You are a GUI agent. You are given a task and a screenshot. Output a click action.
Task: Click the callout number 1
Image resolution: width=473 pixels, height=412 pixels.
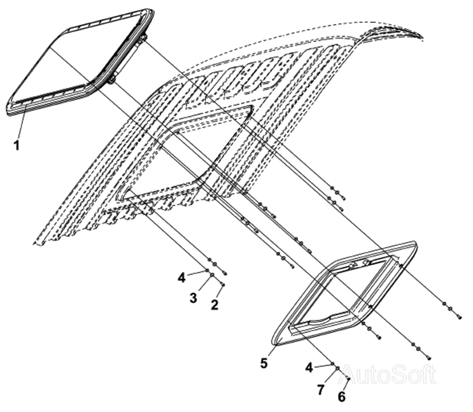(17, 145)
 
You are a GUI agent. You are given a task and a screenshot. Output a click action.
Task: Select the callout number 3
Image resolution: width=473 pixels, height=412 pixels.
(194, 298)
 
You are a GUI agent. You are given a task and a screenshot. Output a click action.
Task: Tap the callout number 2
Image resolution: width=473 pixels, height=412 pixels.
(215, 305)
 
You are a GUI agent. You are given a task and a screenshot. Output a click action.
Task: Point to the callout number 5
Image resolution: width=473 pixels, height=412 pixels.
(264, 363)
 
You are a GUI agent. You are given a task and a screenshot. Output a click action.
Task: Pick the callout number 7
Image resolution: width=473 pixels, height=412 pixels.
(321, 390)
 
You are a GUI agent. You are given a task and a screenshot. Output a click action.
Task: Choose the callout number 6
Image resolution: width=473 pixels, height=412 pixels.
(341, 397)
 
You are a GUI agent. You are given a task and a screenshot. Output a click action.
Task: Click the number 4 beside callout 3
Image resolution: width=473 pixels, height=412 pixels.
(181, 278)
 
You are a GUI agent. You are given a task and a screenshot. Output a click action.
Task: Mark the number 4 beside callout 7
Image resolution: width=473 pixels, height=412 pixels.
(309, 367)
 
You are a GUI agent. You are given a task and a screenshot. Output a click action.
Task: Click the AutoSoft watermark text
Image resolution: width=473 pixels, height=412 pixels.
(388, 375)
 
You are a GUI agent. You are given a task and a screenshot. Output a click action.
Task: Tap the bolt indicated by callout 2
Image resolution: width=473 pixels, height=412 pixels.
(223, 284)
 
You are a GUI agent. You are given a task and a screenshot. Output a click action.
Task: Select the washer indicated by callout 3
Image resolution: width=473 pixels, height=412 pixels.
(212, 274)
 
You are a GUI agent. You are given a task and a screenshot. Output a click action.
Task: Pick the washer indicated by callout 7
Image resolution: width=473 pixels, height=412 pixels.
(338, 368)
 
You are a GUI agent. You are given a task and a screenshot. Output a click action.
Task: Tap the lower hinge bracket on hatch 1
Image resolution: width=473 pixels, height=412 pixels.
(111, 80)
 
